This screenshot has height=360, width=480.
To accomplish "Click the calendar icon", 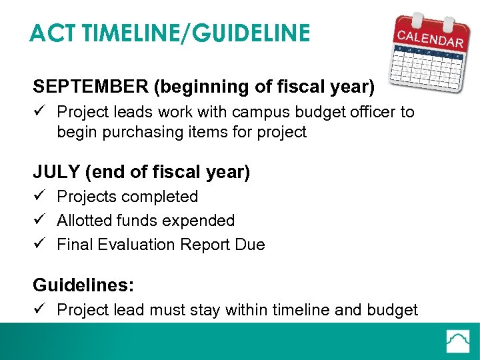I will click(x=427, y=53).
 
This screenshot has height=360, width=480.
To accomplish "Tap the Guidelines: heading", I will click(x=83, y=286).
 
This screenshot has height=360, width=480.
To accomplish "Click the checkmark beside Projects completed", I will click(x=39, y=197).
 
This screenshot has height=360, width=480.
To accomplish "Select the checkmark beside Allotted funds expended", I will click(x=39, y=221).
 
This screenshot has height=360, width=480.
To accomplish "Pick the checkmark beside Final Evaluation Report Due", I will click(x=39, y=245).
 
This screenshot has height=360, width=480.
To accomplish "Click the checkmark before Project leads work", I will click(x=39, y=111).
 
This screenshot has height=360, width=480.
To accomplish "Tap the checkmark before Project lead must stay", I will click(x=39, y=310).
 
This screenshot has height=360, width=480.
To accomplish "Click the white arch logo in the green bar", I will click(x=458, y=341).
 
